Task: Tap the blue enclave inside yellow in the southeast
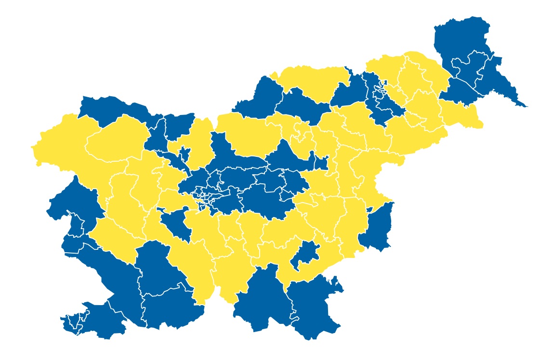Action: tap(305, 255)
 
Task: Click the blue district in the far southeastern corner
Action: tap(313, 308)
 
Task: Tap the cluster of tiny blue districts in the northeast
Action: tap(378, 96)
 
